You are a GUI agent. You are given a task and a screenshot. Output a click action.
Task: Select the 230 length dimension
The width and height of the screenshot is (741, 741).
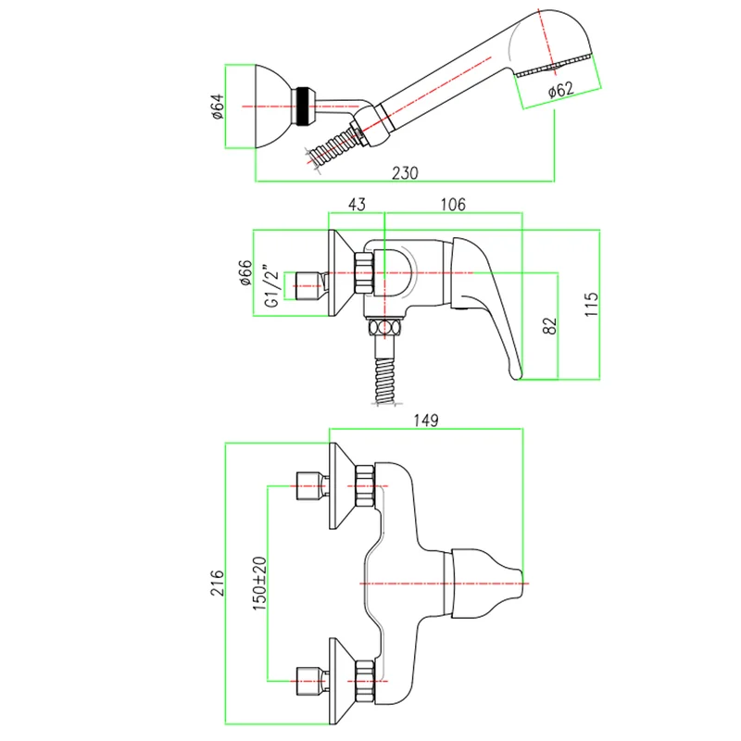405,172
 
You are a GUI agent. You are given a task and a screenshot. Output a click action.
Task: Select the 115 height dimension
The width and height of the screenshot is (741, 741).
592,303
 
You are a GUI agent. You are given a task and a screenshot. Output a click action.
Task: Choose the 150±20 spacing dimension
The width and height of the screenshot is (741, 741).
259,583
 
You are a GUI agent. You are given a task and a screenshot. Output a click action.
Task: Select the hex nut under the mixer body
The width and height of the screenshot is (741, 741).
384,328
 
